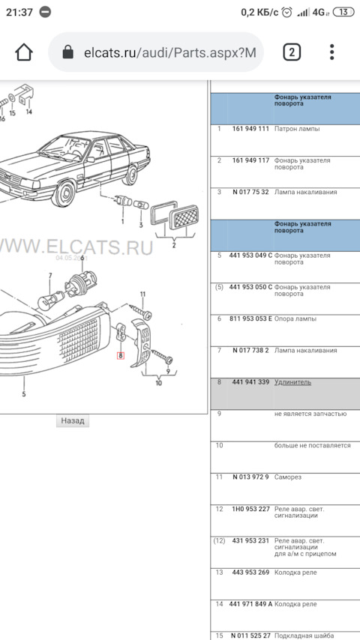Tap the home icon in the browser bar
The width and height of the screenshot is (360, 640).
pyautogui.click(x=24, y=52)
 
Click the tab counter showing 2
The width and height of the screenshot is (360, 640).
pyautogui.click(x=291, y=52)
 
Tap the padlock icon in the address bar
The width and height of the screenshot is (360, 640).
pyautogui.click(x=68, y=52)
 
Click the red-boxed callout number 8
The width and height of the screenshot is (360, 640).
pyautogui.click(x=119, y=355)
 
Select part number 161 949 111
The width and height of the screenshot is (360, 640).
pyautogui.click(x=250, y=129)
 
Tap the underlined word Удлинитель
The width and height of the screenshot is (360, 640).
pyautogui.click(x=292, y=382)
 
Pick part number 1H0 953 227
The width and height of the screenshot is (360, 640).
pyautogui.click(x=250, y=509)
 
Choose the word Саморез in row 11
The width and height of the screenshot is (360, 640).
pyautogui.click(x=288, y=477)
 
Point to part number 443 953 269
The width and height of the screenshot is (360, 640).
pyautogui.click(x=250, y=573)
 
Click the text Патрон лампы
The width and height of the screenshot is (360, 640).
pyautogui.click(x=297, y=129)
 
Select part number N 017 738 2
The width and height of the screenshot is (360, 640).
pyautogui.click(x=250, y=350)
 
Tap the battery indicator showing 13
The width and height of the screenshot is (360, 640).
pyautogui.click(x=343, y=12)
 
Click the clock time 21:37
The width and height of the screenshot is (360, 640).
pyautogui.click(x=20, y=12)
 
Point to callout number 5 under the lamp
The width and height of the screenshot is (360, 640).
pyautogui.click(x=24, y=393)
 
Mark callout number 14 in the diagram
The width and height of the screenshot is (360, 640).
pyautogui.click(x=28, y=112)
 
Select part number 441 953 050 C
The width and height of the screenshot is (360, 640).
pyautogui.click(x=251, y=287)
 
